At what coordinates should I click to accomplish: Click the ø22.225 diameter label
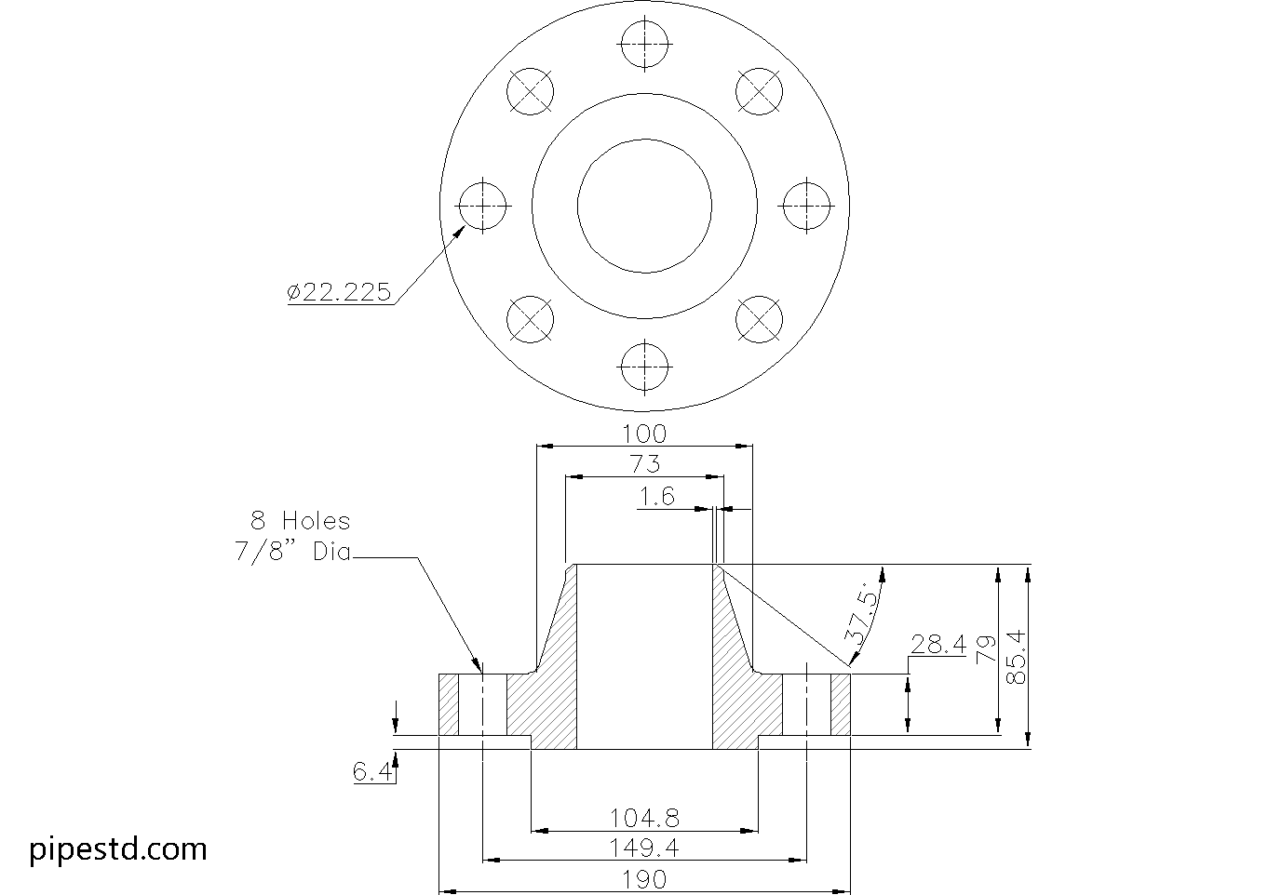[339, 292]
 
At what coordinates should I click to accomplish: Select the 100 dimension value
[644, 434]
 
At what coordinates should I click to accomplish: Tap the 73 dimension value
[644, 464]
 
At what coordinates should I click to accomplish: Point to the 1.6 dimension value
[656, 497]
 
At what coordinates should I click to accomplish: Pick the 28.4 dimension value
[938, 644]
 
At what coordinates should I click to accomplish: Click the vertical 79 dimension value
[985, 648]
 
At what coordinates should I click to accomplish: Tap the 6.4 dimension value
[371, 771]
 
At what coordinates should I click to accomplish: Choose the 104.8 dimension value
[644, 818]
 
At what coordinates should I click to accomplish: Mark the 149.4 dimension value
[644, 848]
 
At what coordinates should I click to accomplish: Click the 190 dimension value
[644, 879]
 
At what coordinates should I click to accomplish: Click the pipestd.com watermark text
[118, 848]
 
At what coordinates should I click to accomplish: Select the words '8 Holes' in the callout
[300, 521]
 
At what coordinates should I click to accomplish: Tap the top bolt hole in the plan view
[644, 45]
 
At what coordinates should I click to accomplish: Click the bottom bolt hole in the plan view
[644, 367]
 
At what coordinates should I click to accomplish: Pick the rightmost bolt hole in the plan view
[806, 206]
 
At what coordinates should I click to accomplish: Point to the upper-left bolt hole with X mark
[530, 91]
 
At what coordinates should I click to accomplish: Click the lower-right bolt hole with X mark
[759, 320]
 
